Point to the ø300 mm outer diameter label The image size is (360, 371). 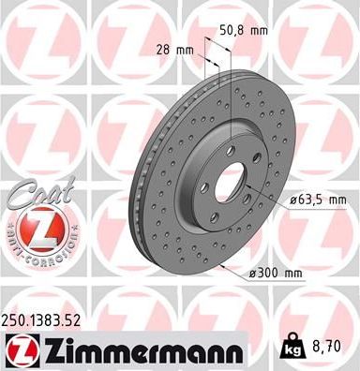[x=278, y=274]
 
